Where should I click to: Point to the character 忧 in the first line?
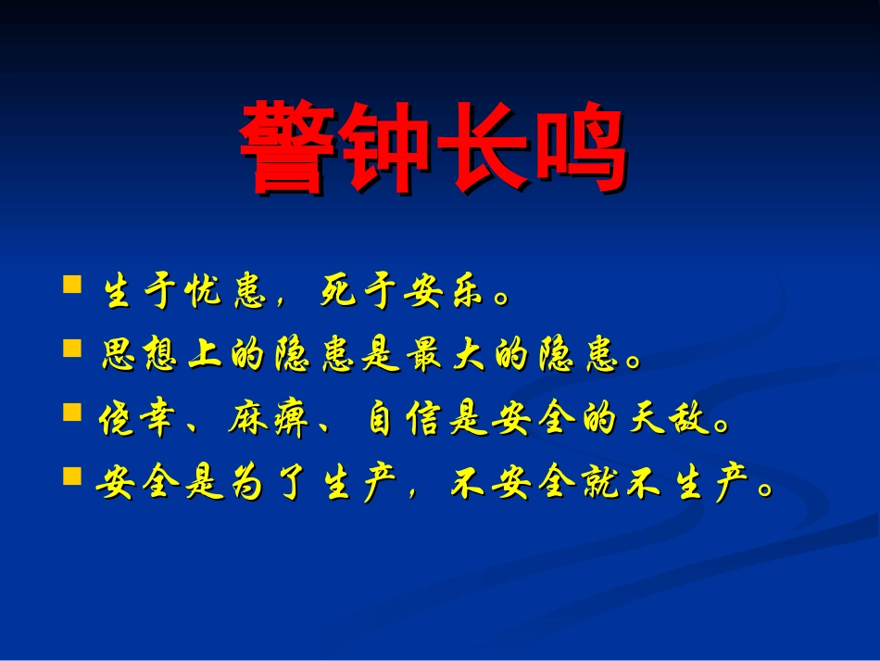click(200, 294)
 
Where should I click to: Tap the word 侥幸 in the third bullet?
click(140, 423)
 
